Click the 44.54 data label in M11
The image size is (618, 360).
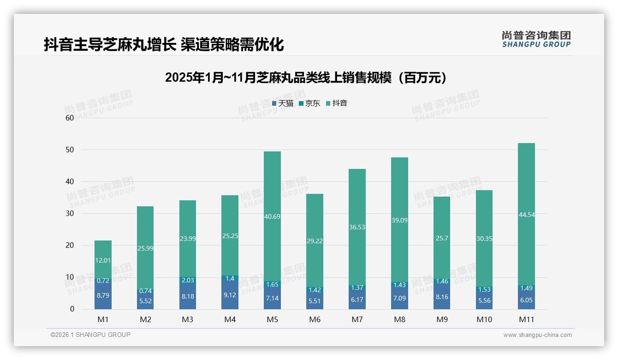526,215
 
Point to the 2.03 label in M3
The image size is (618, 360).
187,280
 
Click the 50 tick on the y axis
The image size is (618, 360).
70,150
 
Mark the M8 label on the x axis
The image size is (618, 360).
399,319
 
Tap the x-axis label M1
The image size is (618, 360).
103,319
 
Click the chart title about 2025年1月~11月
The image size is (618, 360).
306,78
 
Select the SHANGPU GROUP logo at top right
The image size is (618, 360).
536,39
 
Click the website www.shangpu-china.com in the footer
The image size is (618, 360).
537,335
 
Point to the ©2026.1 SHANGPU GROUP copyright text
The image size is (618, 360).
90,335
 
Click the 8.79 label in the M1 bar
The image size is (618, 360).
103,295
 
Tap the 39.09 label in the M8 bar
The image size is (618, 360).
399,221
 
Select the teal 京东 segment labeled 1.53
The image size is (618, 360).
484,289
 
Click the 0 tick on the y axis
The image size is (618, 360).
72,309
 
